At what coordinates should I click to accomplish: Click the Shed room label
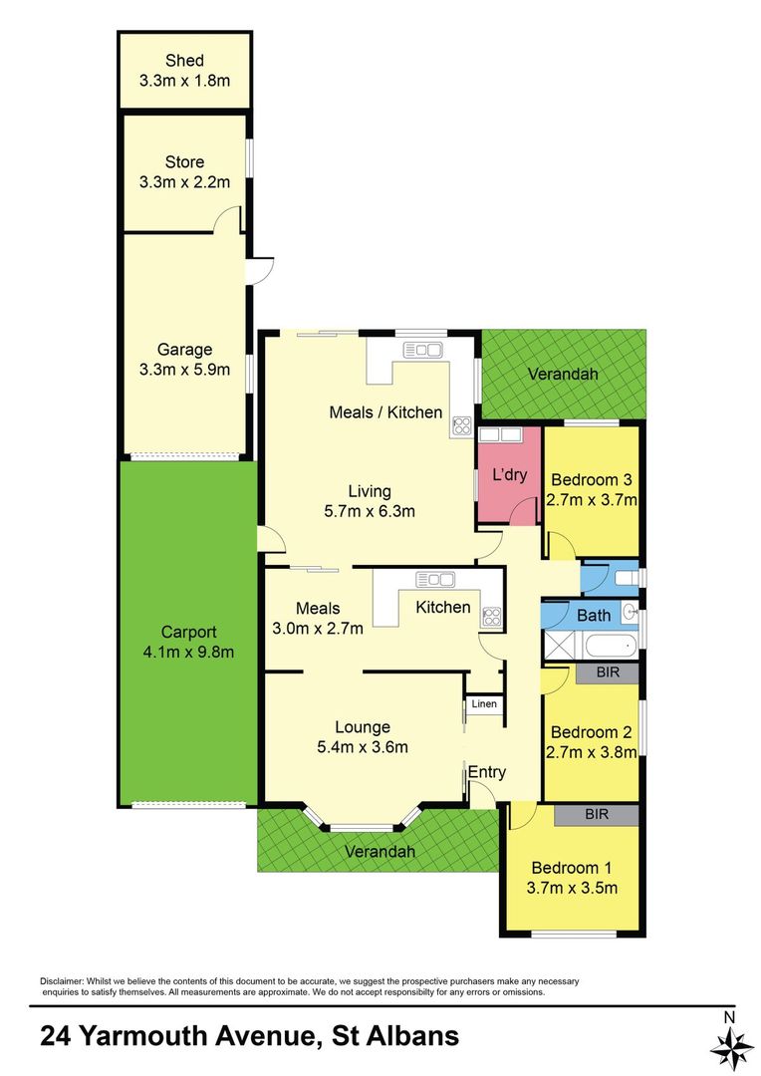click(184, 61)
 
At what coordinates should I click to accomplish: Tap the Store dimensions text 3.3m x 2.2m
click(184, 182)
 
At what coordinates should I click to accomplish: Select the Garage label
click(184, 350)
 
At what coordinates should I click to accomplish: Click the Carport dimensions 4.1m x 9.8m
click(188, 652)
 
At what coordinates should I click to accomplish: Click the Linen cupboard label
click(484, 703)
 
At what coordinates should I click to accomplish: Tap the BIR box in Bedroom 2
click(608, 672)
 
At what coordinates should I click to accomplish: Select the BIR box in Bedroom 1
click(597, 815)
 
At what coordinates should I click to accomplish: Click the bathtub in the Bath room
click(612, 646)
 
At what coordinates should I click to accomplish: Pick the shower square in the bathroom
click(562, 646)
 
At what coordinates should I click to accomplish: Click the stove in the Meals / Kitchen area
click(461, 426)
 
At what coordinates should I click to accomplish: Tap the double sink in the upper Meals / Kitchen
click(422, 351)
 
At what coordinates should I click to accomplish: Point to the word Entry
click(486, 772)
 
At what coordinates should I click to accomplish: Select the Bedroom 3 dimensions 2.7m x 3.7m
click(592, 499)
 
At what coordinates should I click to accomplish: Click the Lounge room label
click(363, 727)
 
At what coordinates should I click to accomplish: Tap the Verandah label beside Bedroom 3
click(563, 374)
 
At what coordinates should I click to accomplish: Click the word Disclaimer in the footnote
click(62, 981)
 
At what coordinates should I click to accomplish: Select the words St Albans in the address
click(395, 1035)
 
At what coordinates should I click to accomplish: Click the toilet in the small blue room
click(626, 578)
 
